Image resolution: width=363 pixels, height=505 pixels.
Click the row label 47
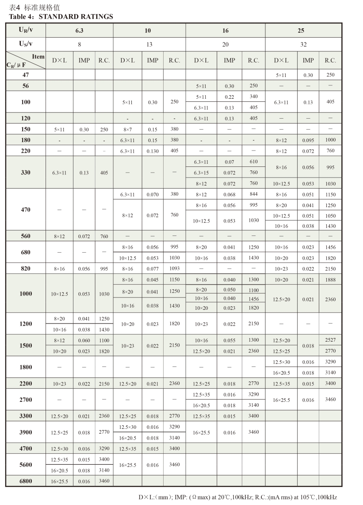point(26,75)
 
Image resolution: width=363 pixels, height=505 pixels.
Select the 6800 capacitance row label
point(26,481)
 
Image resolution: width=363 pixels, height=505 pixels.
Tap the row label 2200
point(26,383)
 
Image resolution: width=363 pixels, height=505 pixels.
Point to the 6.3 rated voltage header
point(79,31)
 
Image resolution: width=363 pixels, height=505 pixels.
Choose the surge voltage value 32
point(303,44)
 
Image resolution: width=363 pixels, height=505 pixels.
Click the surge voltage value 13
point(149,44)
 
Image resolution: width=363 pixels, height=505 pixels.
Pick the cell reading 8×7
point(127,129)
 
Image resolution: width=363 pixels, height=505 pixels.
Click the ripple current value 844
point(253,194)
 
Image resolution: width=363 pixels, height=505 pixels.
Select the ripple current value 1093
point(174,268)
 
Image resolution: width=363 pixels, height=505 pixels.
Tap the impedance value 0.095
point(308,140)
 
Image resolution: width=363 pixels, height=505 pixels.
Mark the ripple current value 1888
point(330,280)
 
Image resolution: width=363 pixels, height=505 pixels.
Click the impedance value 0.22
point(229,96)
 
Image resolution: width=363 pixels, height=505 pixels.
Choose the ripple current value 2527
point(330,340)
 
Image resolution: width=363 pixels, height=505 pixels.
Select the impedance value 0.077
point(152,268)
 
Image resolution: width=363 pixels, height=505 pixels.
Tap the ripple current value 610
point(253,162)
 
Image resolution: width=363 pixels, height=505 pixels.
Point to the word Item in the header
point(38,57)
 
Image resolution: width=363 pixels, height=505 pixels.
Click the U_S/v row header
point(25,44)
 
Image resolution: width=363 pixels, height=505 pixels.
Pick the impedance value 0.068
point(229,194)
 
